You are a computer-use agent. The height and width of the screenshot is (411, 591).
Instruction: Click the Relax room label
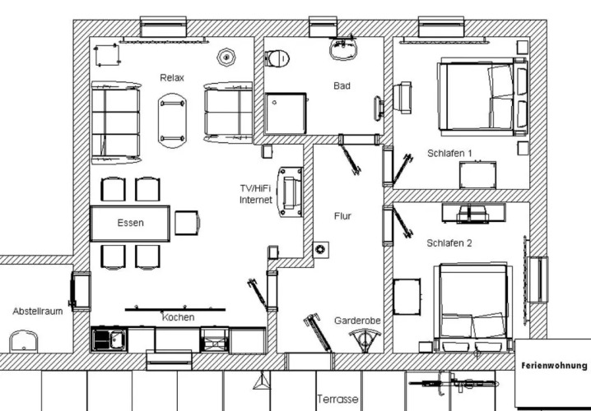tap(172, 78)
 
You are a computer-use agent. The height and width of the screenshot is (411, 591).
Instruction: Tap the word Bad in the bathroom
tap(342, 85)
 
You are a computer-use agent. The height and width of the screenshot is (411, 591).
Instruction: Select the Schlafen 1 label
tap(449, 154)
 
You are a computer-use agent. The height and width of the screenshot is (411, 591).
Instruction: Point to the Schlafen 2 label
tap(449, 243)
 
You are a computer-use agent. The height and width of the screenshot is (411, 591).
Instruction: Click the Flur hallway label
tap(342, 216)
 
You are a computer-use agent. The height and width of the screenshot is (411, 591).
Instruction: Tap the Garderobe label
tap(357, 321)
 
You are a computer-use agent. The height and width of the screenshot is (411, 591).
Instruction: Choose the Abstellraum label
tap(38, 312)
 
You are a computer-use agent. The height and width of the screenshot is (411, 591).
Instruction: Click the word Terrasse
tap(337, 399)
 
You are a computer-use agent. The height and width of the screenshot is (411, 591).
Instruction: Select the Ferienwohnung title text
tap(554, 366)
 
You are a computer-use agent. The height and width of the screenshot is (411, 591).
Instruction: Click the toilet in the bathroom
tap(277, 58)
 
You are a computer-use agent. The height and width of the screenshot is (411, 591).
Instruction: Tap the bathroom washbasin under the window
tap(343, 49)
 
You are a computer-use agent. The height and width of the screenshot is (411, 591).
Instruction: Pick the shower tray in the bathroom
tap(286, 113)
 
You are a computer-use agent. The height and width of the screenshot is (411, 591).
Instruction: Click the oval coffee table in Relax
tap(172, 121)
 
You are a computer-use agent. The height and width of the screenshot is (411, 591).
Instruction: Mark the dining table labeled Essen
tap(130, 224)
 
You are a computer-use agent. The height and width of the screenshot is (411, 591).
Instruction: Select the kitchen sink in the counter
tap(109, 339)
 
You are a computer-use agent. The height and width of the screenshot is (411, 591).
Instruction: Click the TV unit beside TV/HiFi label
tap(291, 192)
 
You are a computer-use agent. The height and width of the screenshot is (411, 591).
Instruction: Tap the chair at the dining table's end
tap(187, 223)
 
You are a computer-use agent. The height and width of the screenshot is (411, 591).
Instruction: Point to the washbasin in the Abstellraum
tap(23, 341)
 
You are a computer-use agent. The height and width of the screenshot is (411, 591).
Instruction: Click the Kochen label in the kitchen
tap(179, 317)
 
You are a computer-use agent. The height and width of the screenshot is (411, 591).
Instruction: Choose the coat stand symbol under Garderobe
tap(365, 339)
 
